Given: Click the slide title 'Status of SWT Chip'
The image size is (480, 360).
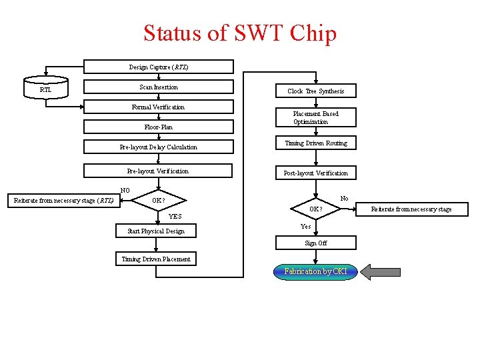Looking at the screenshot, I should click(240, 33).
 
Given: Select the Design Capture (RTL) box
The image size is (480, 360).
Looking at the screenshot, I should click(159, 67).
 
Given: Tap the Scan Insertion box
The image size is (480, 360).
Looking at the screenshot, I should click(159, 87).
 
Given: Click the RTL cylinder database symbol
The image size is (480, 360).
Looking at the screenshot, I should click(45, 88).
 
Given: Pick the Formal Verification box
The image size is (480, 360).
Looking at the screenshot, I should click(159, 107).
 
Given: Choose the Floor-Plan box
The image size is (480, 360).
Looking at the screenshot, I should click(159, 127).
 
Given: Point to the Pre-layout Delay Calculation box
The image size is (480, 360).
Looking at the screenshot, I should click(159, 147).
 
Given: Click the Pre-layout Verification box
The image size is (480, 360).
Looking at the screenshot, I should click(159, 171).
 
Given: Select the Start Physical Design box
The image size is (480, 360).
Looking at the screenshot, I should click(156, 231).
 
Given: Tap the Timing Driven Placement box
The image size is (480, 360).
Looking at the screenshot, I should click(156, 259).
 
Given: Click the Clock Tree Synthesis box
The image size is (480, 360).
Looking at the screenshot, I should click(315, 91).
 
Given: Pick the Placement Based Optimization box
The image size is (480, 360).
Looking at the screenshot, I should click(315, 117).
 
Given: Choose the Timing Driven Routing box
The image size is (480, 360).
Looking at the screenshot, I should click(315, 143).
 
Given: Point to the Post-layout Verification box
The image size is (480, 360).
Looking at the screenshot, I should click(315, 173).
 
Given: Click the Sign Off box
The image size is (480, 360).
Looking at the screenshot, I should click(315, 243).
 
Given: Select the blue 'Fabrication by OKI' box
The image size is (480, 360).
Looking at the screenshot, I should click(315, 271).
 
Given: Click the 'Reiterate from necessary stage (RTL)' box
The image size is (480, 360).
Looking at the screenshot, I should click(64, 200).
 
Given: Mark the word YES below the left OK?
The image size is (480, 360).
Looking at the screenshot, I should click(175, 217).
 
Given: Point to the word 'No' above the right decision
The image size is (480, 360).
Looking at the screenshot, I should click(344, 199).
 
